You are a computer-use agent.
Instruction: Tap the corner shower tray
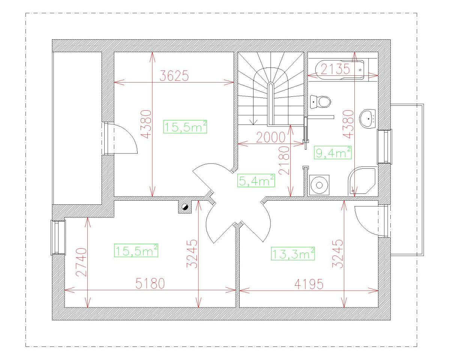[x=361, y=181]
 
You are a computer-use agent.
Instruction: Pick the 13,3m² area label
[x=292, y=254]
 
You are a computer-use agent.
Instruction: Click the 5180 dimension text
[x=150, y=284]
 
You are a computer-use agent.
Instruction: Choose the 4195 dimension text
[x=308, y=284]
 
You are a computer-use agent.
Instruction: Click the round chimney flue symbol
[x=184, y=207]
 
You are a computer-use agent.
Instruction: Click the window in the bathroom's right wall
[x=384, y=146]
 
